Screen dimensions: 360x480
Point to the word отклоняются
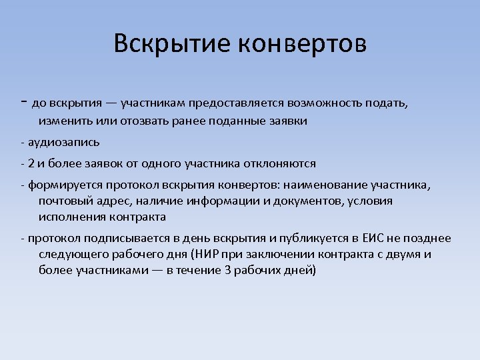pos(283,163)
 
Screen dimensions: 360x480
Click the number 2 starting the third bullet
pos(30,163)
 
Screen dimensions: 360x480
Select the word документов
pos(305,201)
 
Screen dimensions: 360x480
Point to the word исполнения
pos(69,217)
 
